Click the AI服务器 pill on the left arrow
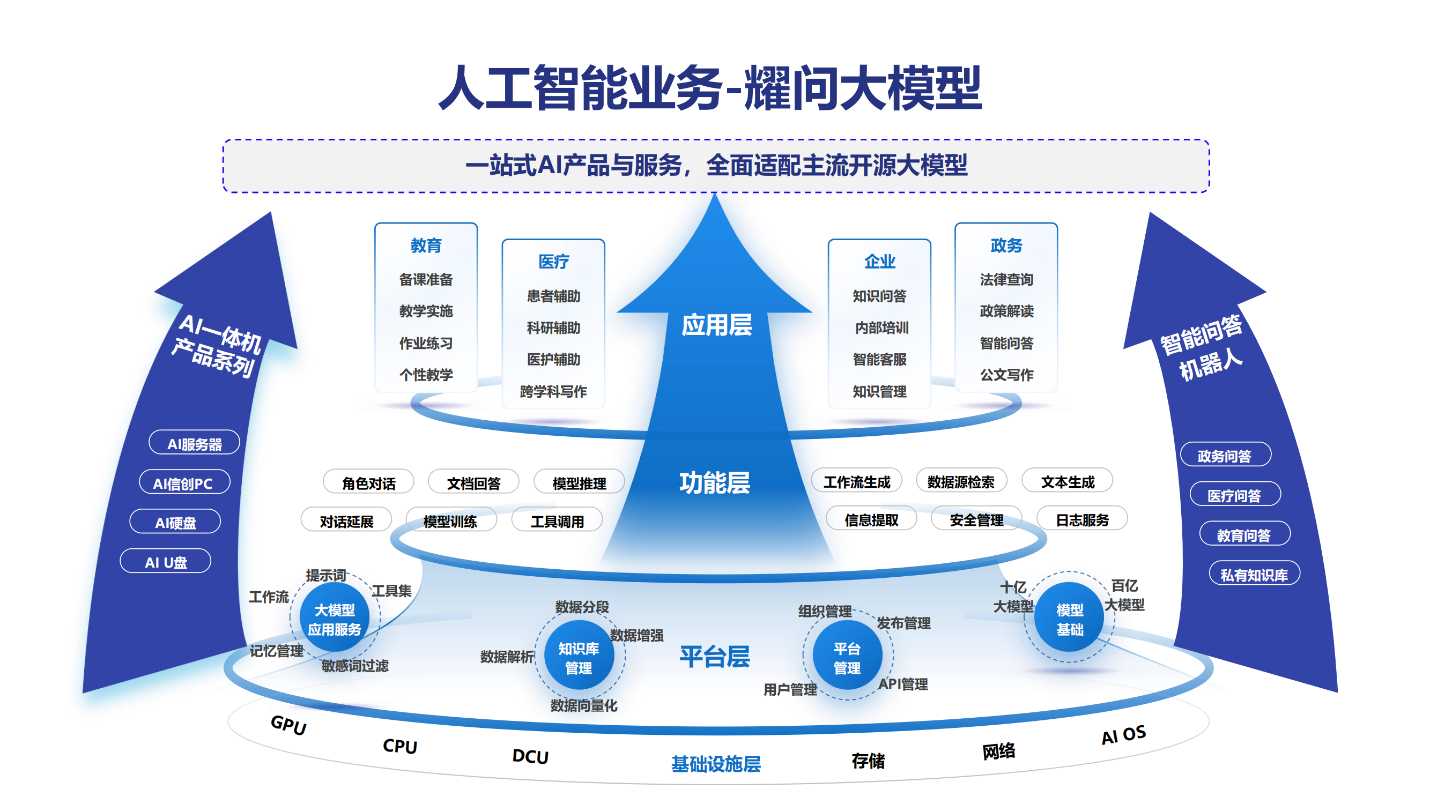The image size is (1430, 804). click(x=194, y=443)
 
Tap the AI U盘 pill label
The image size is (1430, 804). click(x=166, y=562)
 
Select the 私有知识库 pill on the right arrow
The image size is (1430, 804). click(x=1254, y=574)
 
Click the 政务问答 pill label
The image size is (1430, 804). click(x=1225, y=456)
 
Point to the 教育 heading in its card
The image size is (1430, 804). click(x=426, y=245)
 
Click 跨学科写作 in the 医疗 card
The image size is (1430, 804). click(x=553, y=391)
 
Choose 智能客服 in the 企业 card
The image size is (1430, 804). click(x=879, y=359)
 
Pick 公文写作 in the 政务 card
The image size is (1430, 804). click(x=1006, y=375)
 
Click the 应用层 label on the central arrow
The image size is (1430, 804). click(x=716, y=325)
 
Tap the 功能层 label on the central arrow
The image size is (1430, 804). click(x=714, y=482)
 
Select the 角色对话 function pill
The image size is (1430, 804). click(x=368, y=483)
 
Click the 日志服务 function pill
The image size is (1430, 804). click(x=1082, y=519)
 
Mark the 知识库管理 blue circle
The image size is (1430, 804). click(x=579, y=658)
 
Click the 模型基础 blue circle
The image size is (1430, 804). click(x=1069, y=619)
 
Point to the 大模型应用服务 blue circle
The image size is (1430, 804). click(x=334, y=619)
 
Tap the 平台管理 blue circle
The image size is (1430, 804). click(x=847, y=658)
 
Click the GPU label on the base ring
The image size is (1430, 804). click(x=288, y=724)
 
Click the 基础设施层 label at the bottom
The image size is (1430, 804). click(x=716, y=764)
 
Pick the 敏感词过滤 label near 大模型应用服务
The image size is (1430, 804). click(x=355, y=665)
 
